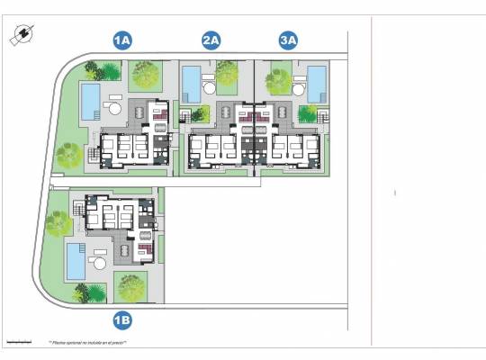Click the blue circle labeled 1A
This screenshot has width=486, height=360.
(122, 40)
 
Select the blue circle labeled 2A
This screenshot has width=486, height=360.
(211, 40)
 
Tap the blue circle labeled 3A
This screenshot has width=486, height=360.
(288, 40)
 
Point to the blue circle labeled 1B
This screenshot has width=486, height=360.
(122, 318)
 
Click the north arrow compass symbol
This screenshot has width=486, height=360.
(18, 34)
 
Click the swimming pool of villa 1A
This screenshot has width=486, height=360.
(90, 101)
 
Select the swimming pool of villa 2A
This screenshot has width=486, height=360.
(193, 84)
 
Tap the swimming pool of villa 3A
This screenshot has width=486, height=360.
(316, 84)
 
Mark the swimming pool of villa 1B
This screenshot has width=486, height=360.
(73, 261)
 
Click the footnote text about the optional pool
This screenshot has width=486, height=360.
(87, 343)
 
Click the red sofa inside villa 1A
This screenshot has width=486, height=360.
(159, 114)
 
